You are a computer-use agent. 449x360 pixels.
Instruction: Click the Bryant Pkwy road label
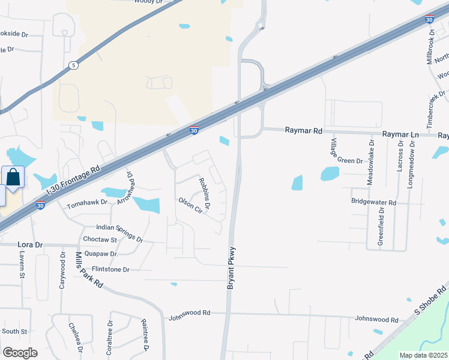[x=231, y=268]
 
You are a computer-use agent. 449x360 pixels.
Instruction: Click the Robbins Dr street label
[x=205, y=194]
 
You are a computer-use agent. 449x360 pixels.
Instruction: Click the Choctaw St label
[x=99, y=239]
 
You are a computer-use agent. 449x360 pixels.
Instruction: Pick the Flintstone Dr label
[x=110, y=269]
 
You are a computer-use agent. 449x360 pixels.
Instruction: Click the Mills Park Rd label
[x=89, y=270]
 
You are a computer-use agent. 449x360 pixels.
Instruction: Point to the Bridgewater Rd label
[x=373, y=203]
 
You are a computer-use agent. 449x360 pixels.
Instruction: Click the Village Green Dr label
[x=346, y=153]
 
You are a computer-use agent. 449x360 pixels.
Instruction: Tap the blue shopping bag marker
[x=13, y=178]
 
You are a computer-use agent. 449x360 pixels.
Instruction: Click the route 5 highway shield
[x=73, y=65]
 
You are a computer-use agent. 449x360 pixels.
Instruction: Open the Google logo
[x=20, y=352]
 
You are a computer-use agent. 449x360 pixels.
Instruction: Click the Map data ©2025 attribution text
[x=423, y=355]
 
